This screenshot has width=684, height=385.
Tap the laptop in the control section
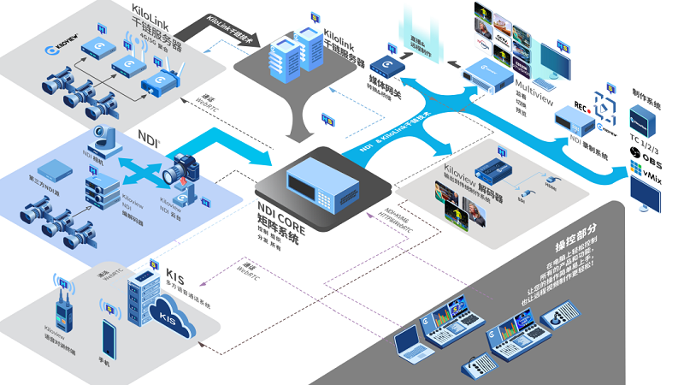coord(415,342)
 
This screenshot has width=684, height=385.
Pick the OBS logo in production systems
coord(646,162)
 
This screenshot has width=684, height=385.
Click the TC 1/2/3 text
coord(647,143)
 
